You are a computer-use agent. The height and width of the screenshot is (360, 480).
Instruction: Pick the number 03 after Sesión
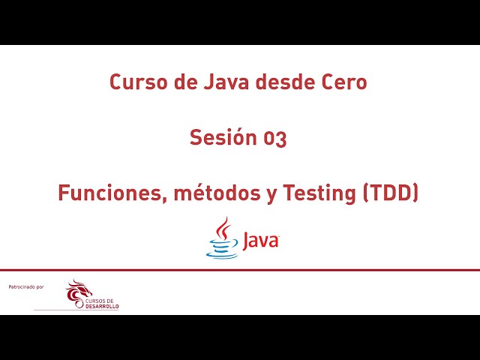pyautogui.click(x=274, y=138)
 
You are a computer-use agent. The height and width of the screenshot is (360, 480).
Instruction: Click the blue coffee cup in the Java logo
pyautogui.click(x=222, y=248)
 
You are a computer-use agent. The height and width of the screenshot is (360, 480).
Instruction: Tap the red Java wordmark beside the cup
pyautogui.click(x=259, y=241)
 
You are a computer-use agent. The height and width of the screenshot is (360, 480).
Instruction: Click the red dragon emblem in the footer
pyautogui.click(x=76, y=292)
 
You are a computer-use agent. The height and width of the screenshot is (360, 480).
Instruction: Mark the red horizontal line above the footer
pyautogui.click(x=240, y=270)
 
